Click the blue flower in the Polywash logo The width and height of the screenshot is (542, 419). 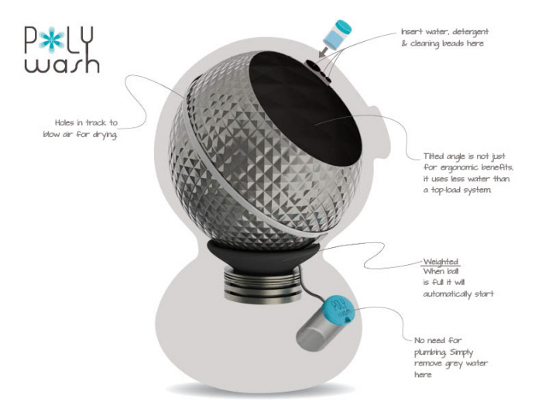51,39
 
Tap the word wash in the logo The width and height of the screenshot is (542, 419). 62,64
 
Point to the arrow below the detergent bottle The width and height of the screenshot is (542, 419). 324,52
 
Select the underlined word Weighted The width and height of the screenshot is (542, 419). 441,262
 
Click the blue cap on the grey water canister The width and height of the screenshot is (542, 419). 338,310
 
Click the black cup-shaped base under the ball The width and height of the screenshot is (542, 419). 263,255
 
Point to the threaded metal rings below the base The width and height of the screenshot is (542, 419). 262,284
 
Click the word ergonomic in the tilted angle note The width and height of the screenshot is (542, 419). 461,167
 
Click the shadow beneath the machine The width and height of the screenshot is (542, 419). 261,390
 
